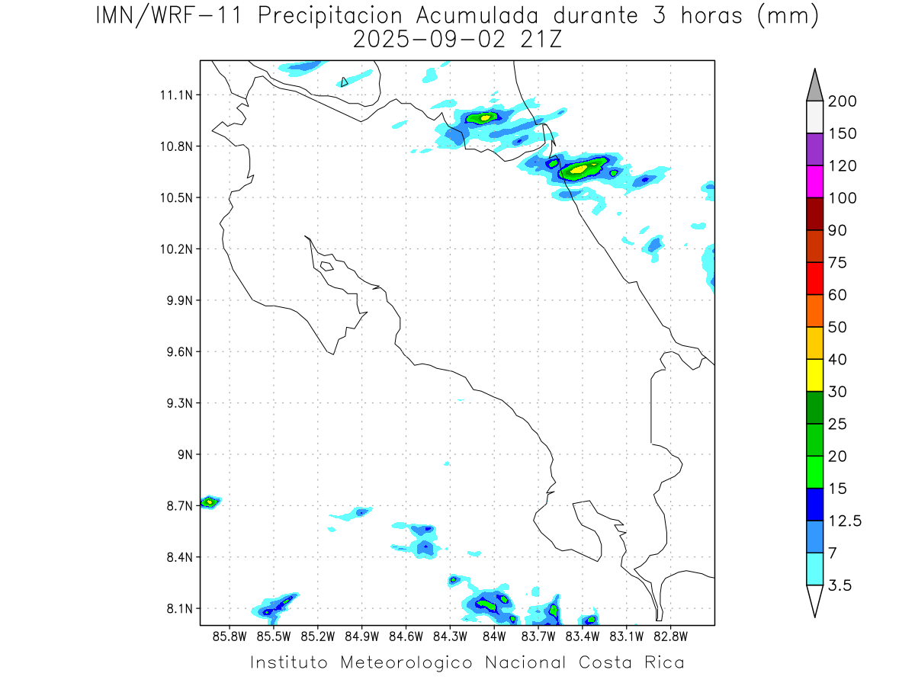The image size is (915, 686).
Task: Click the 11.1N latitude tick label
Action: coord(174,95)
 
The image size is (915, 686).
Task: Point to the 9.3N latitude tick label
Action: coord(176,403)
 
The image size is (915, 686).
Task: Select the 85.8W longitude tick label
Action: coord(230,635)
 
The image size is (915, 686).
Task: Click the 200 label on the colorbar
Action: coord(842,101)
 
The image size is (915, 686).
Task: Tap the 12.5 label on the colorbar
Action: coord(844,521)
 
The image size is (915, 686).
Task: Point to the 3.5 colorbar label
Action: coord(840,585)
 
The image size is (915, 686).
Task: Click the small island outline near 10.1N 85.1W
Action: coord(326,266)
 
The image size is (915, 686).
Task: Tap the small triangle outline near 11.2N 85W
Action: coord(345,82)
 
